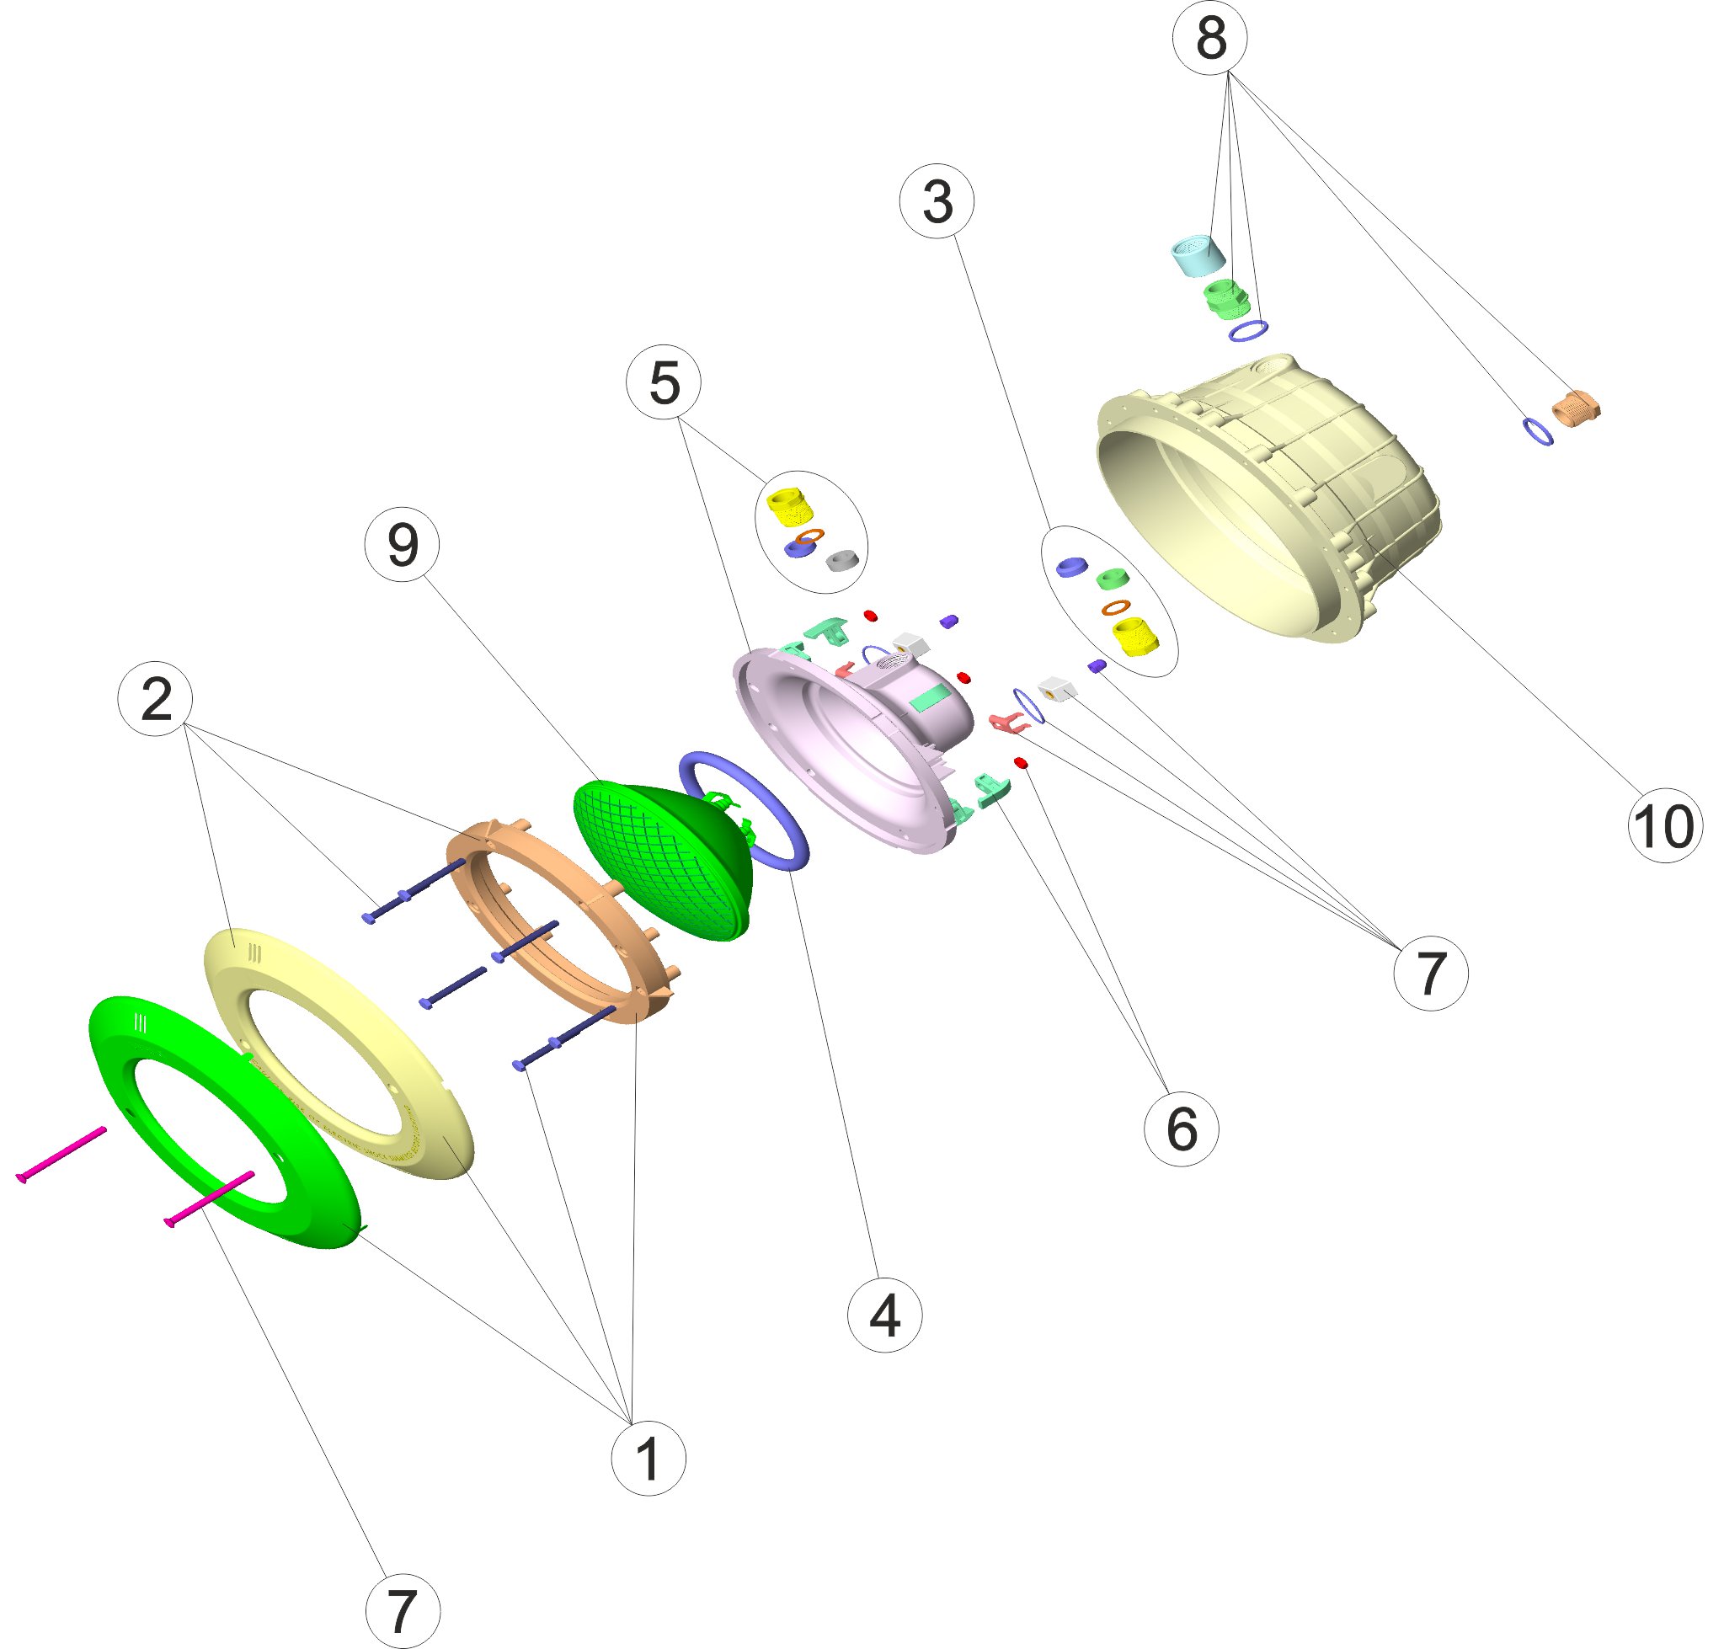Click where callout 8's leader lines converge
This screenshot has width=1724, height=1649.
(1230, 74)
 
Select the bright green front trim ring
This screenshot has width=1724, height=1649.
(225, 1122)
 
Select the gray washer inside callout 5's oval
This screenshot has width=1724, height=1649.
(842, 559)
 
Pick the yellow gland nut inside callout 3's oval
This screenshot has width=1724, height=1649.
(1131, 637)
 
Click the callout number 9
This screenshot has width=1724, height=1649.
(403, 545)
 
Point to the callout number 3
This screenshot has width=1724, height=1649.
(937, 201)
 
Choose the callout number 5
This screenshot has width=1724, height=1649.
(664, 382)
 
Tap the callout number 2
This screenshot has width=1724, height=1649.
(156, 699)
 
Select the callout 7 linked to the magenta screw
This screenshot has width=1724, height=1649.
(403, 1611)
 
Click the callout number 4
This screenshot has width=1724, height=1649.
(884, 1315)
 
